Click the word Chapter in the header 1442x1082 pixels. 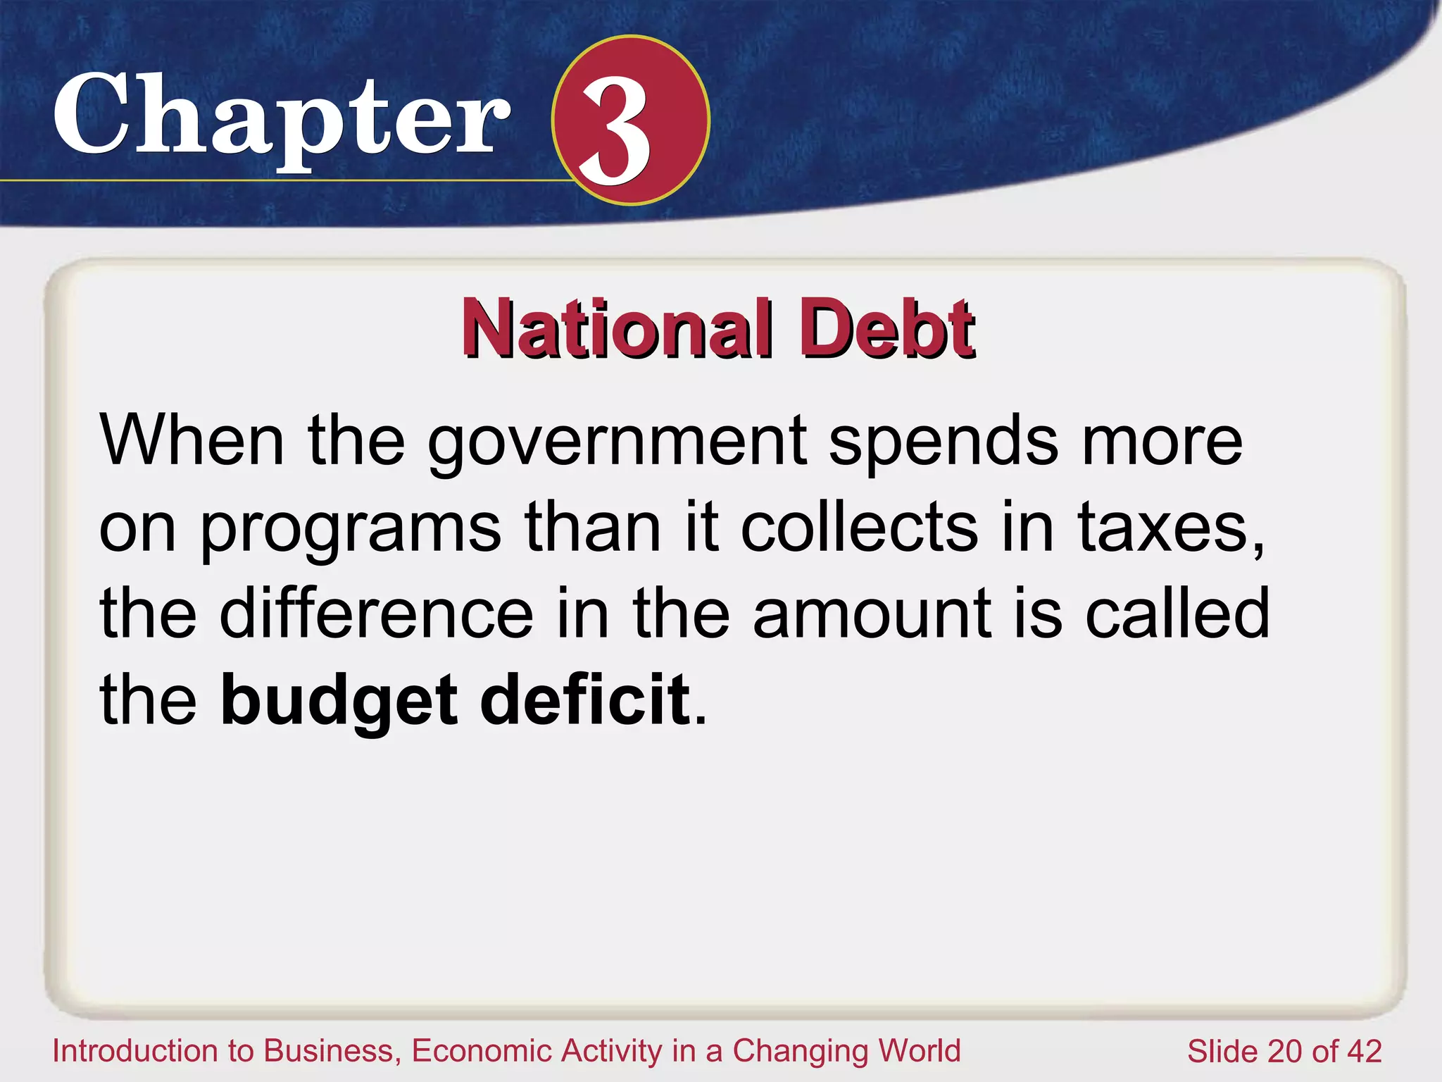coord(282,116)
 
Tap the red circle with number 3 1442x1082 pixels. coord(630,120)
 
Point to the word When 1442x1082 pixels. coord(192,440)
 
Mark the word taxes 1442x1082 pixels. coord(1169,528)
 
